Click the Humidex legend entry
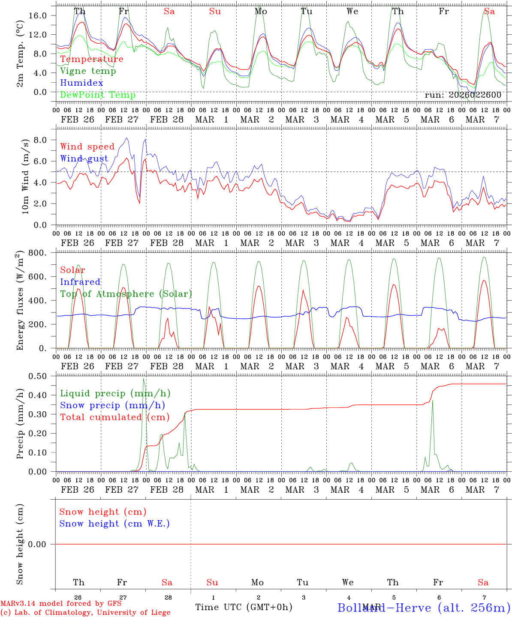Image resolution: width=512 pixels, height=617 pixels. click(82, 83)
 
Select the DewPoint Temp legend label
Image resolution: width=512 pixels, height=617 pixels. click(98, 95)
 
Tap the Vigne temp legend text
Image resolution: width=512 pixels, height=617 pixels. click(88, 71)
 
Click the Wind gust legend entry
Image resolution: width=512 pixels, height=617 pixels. click(84, 159)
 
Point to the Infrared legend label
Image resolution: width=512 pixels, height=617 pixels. click(80, 282)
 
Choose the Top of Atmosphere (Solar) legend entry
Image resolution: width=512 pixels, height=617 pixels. click(126, 294)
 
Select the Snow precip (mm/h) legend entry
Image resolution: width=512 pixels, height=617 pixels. click(112, 405)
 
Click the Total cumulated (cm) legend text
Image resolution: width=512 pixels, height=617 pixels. click(114, 417)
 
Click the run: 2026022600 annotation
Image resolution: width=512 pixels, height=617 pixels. click(463, 95)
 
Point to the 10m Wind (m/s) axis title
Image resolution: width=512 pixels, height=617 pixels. click(25, 177)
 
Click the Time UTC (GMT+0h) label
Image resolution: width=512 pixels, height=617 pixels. click(244, 607)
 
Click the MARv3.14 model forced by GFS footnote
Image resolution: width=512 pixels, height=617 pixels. click(61, 603)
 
